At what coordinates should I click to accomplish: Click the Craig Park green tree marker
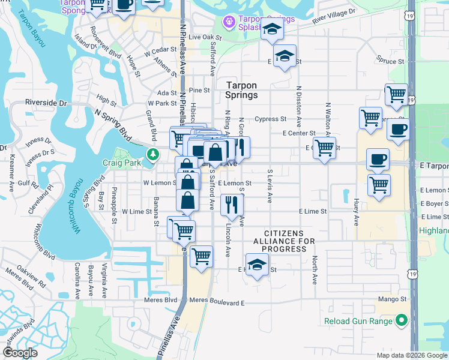tap(153, 154)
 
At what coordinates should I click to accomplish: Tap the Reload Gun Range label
tap(358, 321)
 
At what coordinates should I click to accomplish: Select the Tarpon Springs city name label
tap(241, 90)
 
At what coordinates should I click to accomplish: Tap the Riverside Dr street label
tap(46, 103)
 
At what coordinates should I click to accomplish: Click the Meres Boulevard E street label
tap(217, 302)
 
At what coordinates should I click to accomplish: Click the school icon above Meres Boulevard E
tap(257, 264)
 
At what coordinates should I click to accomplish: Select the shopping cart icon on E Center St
tap(325, 146)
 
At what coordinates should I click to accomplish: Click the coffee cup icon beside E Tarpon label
tap(377, 159)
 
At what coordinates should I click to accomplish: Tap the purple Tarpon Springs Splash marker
tap(229, 23)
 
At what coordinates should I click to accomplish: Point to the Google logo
tap(20, 353)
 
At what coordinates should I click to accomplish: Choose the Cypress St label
tap(270, 119)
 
